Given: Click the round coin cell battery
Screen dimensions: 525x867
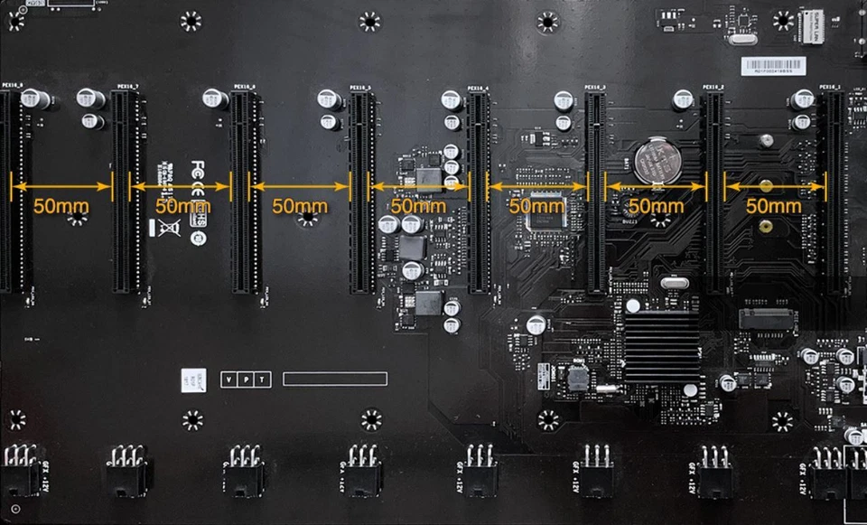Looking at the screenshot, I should (654, 161).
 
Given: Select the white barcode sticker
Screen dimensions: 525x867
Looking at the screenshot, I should (772, 65).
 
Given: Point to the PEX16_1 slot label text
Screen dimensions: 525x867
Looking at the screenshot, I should (830, 88).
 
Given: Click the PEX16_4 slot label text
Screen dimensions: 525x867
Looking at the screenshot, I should (478, 88).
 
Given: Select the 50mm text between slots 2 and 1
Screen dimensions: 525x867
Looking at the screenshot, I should (774, 206).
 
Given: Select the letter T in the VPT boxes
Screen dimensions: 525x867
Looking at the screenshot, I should (262, 380).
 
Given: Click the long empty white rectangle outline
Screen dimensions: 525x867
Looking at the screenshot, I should (335, 379).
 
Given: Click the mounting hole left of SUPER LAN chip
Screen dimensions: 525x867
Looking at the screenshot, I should (782, 20).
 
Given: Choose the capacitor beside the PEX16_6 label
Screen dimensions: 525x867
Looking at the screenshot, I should (215, 98).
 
